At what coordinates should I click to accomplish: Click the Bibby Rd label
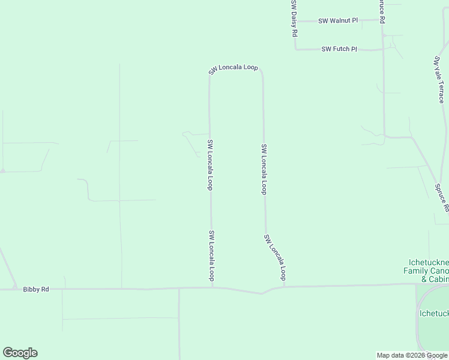[x=35, y=289]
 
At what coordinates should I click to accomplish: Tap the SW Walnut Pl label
[x=338, y=20]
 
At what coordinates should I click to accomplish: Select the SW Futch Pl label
[x=339, y=49]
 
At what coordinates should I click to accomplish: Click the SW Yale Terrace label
[x=439, y=80]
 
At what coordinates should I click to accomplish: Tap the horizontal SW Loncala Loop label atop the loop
[x=233, y=68]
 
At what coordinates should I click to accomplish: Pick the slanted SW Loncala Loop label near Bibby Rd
[x=274, y=257]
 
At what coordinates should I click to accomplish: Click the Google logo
[x=20, y=353]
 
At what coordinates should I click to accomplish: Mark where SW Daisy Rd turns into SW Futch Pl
[x=295, y=49]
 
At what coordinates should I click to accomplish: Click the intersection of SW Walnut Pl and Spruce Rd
[x=383, y=20]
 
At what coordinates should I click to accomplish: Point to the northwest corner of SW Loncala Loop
[x=210, y=76]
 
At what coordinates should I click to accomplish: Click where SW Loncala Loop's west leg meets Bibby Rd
[x=212, y=287]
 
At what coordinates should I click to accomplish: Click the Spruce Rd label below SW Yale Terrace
[x=442, y=198]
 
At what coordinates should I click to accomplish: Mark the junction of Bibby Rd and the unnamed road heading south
[x=179, y=289]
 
